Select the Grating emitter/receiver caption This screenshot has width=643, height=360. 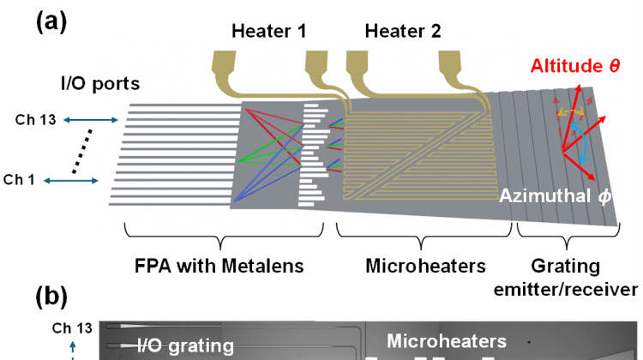click(x=568, y=278)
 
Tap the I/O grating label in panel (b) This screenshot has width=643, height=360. click(x=185, y=346)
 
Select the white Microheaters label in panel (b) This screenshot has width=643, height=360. click(x=445, y=341)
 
